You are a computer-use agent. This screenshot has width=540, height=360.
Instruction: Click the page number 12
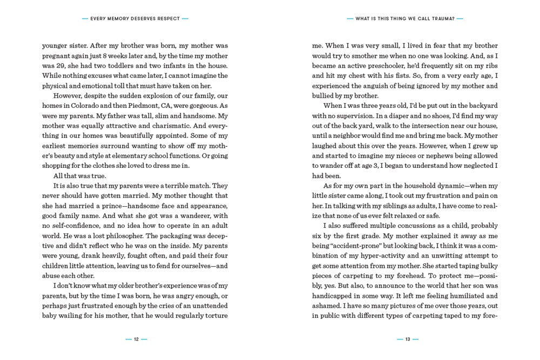pyautogui.click(x=136, y=339)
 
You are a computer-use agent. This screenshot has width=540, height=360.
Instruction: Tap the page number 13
pyautogui.click(x=407, y=339)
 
